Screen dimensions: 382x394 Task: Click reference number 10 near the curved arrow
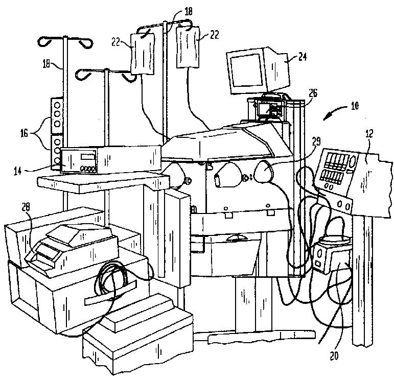point(355,107)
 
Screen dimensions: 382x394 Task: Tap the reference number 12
point(369,134)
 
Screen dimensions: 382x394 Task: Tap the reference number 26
point(313,92)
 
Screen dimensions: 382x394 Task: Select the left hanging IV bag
point(142,55)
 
